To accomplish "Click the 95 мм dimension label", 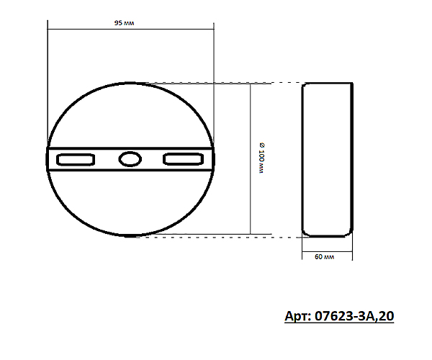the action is (125, 23).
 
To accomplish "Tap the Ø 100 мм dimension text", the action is (261, 158).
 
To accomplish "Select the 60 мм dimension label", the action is (324, 257).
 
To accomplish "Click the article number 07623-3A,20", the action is (354, 316).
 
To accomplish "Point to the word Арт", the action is (297, 316).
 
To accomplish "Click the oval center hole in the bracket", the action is (130, 159).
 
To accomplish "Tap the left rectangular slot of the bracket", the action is (76, 160).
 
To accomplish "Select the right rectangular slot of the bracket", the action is (184, 159).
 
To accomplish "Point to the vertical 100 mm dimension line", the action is (250, 159).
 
